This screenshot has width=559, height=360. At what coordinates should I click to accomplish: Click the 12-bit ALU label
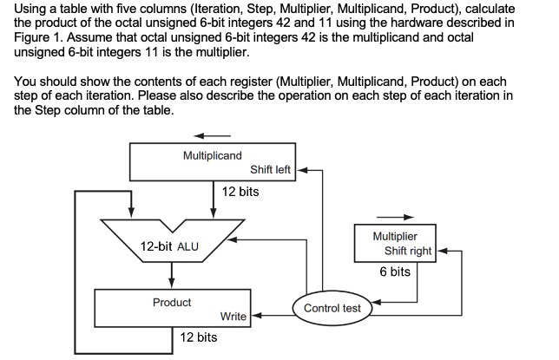point(169,246)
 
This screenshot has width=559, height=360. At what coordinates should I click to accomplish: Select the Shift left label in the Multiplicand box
point(270,170)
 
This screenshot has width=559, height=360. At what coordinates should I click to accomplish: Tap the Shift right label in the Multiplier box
point(408,251)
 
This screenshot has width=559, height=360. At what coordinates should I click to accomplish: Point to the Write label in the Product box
point(233,317)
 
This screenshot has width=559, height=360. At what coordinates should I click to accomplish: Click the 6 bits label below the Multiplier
point(395,272)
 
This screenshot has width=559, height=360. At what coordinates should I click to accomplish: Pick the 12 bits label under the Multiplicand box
point(240,191)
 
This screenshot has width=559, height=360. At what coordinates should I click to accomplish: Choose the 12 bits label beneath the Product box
point(198,337)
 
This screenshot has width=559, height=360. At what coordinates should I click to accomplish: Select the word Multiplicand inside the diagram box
point(213,155)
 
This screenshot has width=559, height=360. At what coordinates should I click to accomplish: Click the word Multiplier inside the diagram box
point(395,236)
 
